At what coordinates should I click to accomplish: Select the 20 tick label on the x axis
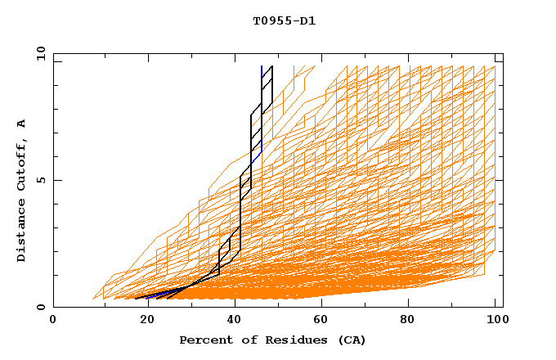(147, 319)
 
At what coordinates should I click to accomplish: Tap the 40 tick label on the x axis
(235, 319)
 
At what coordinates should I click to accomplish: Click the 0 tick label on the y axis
(40, 308)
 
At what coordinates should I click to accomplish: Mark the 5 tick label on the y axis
(40, 180)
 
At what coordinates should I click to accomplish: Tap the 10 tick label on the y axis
(37, 53)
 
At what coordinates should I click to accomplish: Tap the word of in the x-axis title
(245, 340)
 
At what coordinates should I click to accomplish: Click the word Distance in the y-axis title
(22, 232)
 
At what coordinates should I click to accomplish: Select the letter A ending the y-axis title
(22, 123)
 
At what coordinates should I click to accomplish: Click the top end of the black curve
(271, 66)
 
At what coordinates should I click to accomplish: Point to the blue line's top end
(262, 66)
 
